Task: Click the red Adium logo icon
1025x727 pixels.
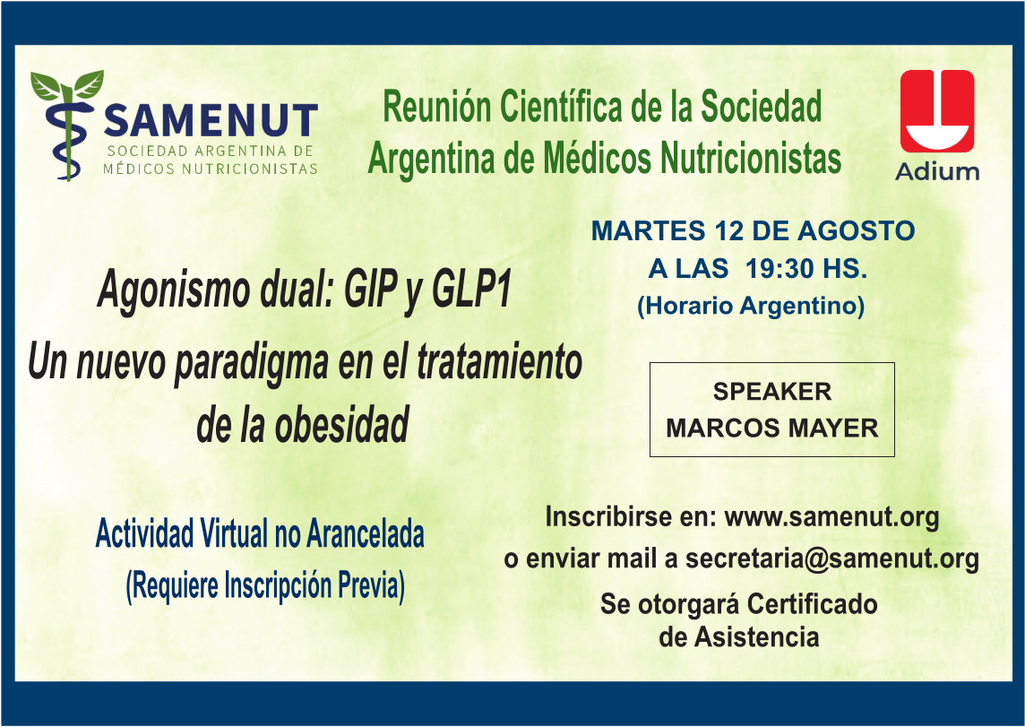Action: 937,111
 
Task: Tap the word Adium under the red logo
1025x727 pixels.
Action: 937,172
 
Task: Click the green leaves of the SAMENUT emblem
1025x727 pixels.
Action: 66,85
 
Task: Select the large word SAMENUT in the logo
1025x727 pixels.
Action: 211,120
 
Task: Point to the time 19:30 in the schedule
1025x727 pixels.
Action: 780,268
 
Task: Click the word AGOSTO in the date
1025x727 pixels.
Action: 856,230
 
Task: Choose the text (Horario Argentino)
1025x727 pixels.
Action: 751,306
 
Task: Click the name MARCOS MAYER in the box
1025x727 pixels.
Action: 772,428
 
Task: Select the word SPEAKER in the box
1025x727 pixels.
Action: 772,392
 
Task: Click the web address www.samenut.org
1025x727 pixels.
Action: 832,517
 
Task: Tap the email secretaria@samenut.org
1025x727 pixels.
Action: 831,559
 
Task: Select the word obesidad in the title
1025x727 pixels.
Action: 341,425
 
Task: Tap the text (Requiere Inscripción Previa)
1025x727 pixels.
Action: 264,585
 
